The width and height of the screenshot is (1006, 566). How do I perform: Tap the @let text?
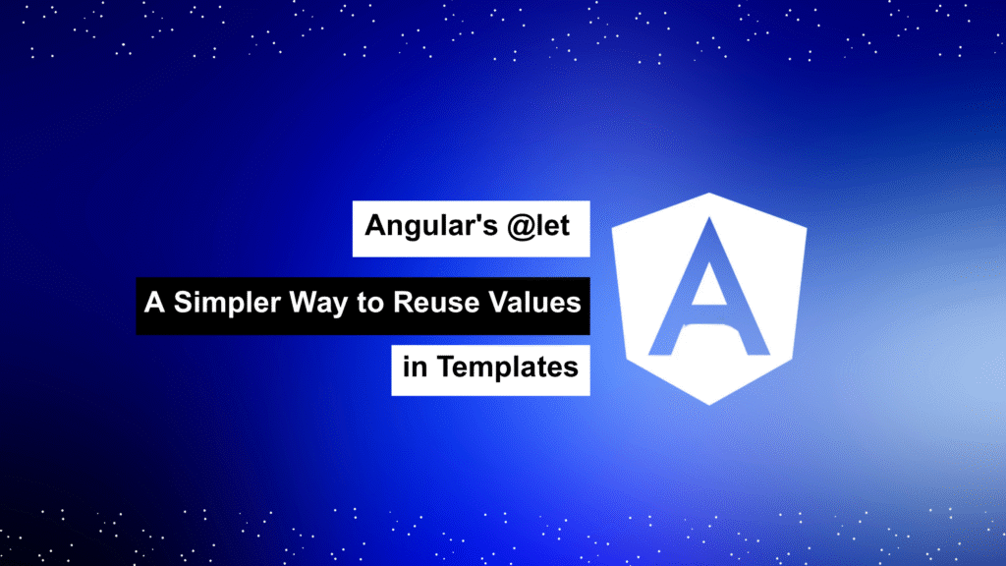537,226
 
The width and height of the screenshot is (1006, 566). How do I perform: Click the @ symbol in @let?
521,227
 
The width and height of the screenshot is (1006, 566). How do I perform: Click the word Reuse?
436,303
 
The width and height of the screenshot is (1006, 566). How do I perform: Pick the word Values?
534,303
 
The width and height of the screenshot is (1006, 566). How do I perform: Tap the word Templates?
508,368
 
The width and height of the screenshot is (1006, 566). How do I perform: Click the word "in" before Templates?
415,367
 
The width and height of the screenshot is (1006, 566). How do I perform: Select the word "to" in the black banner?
369,303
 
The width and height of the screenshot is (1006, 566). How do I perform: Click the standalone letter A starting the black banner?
154,303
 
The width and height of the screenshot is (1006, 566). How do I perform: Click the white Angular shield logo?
709,299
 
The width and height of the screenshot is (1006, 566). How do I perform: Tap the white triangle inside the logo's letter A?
708,285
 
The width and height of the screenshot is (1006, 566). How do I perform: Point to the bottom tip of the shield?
709,405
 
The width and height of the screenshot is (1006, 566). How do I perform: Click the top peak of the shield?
709,194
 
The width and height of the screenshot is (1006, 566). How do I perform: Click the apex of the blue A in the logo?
709,219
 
